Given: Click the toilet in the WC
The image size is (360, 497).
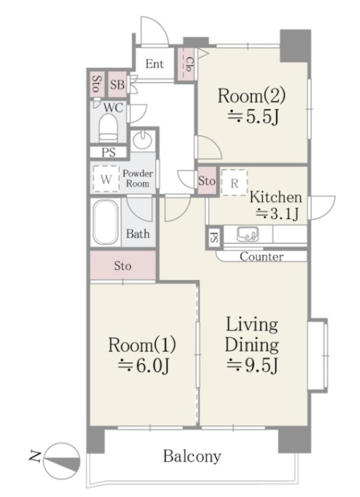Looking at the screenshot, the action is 108,129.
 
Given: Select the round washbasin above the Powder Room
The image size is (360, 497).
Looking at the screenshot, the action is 142,139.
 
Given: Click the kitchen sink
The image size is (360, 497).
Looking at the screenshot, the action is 247,234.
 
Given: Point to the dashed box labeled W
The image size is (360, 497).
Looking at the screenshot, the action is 106,179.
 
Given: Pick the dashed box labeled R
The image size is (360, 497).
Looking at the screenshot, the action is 234,183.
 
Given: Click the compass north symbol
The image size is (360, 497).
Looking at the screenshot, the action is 62,458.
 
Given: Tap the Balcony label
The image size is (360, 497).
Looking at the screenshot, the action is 192,457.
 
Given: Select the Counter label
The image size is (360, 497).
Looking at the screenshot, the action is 261,257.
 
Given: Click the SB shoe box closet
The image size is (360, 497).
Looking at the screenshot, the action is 118,85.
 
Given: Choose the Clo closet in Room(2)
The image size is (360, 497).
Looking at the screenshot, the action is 185,64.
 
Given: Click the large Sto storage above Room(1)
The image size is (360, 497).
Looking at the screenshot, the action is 122,266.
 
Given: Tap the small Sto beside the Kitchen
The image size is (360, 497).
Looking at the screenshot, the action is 207,181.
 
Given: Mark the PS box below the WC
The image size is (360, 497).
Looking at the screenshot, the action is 108,152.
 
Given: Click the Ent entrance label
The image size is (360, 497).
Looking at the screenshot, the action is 154,64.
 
